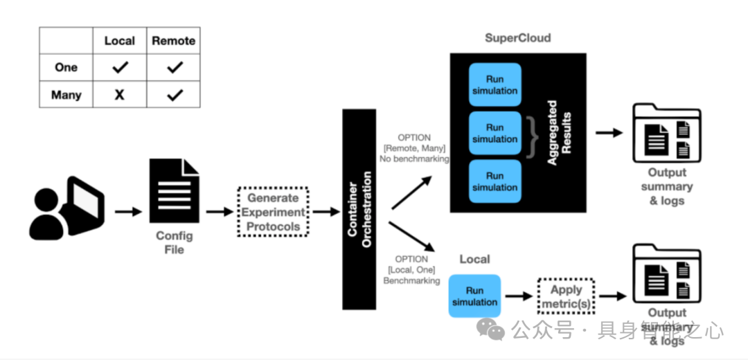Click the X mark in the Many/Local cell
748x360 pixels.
point(119,95)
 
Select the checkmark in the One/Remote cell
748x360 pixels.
point(175,67)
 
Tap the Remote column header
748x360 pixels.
point(174,41)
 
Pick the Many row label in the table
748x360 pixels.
point(66,95)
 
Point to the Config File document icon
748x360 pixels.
point(175,190)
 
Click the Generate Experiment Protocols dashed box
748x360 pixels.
point(274,212)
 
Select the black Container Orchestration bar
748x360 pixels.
point(359,209)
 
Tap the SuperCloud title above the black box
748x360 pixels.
point(517,38)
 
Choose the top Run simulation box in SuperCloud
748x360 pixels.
point(495,84)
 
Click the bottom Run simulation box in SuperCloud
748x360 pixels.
point(495,181)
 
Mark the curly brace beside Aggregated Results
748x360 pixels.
point(532,134)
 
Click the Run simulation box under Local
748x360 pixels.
point(474,296)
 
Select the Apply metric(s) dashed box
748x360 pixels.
point(567,296)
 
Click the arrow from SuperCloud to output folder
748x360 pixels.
point(609,133)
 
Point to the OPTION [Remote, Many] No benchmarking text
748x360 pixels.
point(413,148)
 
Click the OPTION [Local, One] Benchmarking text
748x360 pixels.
point(412,270)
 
